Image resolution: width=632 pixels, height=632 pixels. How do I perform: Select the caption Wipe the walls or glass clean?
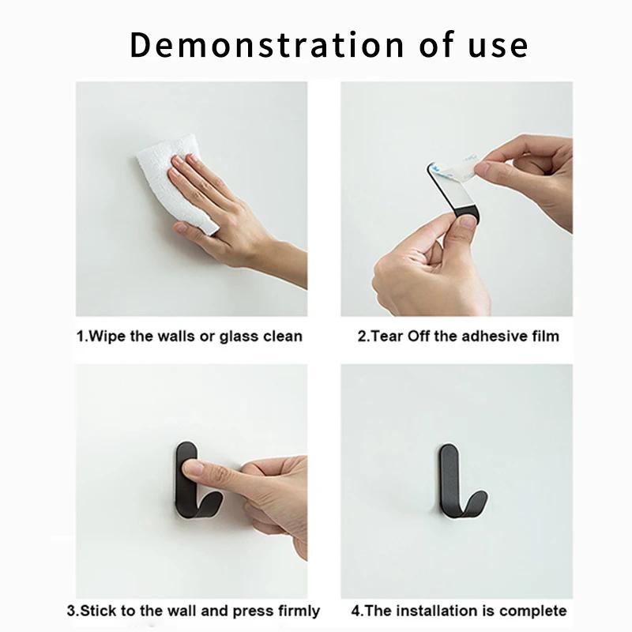point(190,336)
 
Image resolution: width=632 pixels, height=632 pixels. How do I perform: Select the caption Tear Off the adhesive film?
point(457,336)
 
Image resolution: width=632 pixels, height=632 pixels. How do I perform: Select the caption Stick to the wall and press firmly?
point(193,611)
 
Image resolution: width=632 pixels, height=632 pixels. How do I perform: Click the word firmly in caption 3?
point(297,611)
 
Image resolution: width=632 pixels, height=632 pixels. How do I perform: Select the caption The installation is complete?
point(458,611)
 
